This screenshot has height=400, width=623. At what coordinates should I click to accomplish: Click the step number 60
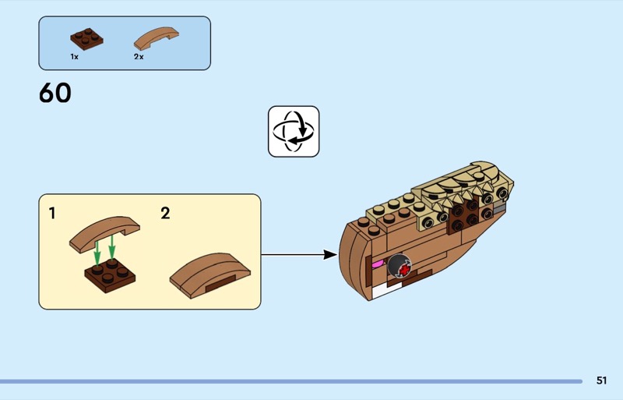(x=55, y=94)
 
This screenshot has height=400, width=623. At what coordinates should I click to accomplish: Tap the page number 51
(x=601, y=381)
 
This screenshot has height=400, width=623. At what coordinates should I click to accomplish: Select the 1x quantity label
(x=74, y=57)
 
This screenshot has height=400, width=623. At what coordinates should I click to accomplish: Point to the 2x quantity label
(x=139, y=57)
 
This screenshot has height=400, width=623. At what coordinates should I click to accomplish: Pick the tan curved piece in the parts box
(x=156, y=37)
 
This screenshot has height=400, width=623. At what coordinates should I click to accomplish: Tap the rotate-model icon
(x=294, y=131)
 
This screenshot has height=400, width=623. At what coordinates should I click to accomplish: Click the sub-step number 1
(x=52, y=212)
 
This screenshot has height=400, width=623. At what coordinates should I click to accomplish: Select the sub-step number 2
(x=165, y=213)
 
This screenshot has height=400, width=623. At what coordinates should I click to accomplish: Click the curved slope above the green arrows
(x=104, y=231)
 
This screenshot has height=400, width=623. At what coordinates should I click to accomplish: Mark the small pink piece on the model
(x=379, y=264)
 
